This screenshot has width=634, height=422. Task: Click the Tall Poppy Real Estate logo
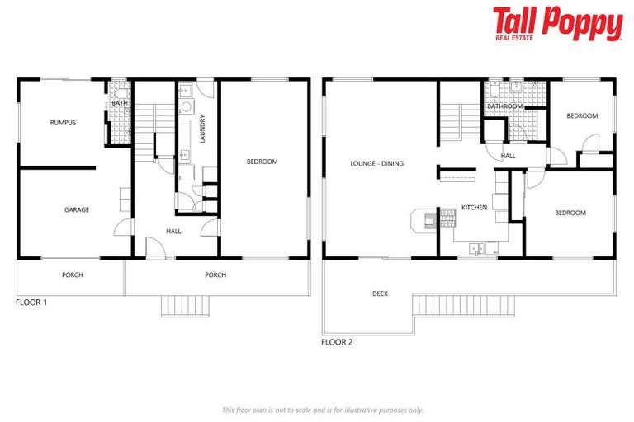[x=557, y=24]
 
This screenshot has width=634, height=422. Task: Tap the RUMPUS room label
[x=63, y=123]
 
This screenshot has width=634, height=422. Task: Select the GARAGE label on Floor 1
[x=77, y=210]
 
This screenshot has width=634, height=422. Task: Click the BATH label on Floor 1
[x=119, y=103]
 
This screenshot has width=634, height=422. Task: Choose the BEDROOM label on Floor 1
[x=263, y=162]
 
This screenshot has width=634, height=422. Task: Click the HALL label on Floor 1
[x=173, y=232]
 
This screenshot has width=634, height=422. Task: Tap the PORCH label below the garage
[x=73, y=275]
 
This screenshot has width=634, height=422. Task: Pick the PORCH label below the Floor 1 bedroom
[x=215, y=275]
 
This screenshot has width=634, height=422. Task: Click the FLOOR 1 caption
[x=31, y=302]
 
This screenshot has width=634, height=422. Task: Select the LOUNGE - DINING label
[x=376, y=163]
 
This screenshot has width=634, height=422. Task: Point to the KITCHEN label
[x=474, y=207]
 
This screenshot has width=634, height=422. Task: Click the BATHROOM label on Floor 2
[x=504, y=106]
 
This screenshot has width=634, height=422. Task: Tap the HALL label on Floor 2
[x=509, y=156]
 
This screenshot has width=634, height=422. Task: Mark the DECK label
[x=380, y=293]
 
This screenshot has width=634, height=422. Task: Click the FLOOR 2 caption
[x=337, y=341]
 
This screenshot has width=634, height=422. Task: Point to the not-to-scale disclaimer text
[x=322, y=410]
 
